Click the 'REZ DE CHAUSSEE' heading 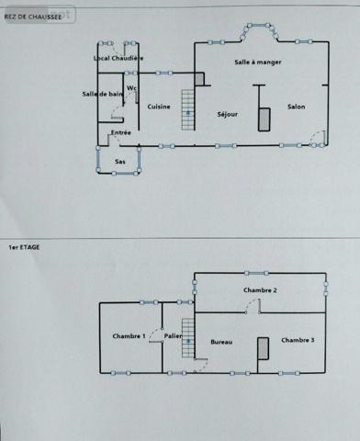pos(34,17)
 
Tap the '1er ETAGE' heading pos(24,246)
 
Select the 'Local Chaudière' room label pos(118,58)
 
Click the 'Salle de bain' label pos(102,94)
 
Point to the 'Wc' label pos(131,88)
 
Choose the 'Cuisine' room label pos(158,107)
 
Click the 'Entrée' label pos(120,132)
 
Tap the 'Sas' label pos(119,161)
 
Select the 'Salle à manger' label pos(257,62)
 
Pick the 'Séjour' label pos(227,114)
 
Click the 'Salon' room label pos(296,107)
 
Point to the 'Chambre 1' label pos(129,336)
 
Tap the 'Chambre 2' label pos(260,290)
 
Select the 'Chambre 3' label pos(298,340)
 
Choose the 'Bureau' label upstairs pos(221,342)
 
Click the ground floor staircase pos(188,110)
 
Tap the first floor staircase pos(188,340)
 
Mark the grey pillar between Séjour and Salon pos(264,118)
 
